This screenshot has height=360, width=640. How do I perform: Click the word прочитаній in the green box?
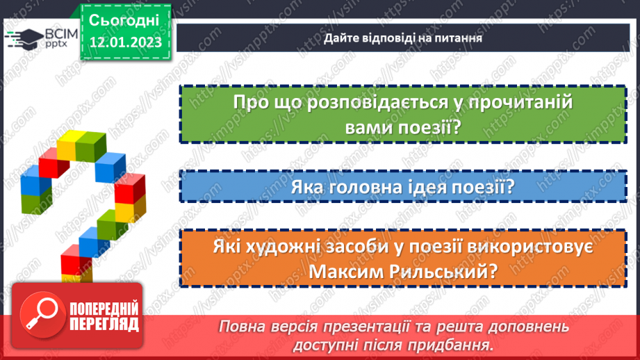point(515,102)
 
